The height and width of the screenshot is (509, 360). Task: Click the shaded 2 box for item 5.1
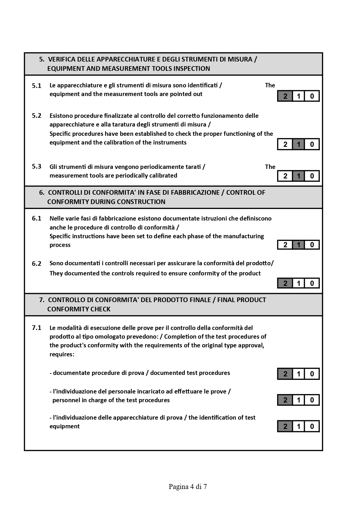coord(285,96)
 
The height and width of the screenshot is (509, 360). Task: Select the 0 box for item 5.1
coord(312,96)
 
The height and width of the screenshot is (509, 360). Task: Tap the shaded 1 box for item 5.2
coord(299,144)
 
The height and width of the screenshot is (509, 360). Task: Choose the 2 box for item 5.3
coord(285,176)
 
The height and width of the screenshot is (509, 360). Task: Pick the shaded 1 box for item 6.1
coord(299,245)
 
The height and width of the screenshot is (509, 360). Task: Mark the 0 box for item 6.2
coord(312,283)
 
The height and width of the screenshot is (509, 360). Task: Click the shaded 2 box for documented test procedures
coord(285,374)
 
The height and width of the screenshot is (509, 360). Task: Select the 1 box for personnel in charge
coord(299,400)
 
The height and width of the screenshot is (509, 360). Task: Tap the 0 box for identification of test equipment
coord(312,426)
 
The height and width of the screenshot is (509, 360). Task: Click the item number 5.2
coord(37,116)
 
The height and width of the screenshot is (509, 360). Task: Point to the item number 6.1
coord(37,219)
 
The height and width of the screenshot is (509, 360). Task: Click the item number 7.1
coord(37,328)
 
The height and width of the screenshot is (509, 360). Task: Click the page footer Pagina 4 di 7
coord(188,487)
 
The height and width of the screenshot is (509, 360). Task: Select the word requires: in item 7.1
coord(62,354)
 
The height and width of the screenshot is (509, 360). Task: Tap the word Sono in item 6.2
coord(56,263)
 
